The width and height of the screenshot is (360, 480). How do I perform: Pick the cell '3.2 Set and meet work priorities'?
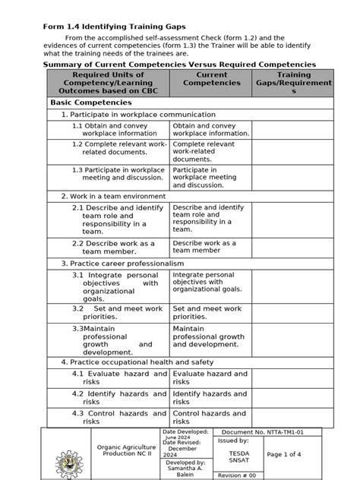click(119, 313)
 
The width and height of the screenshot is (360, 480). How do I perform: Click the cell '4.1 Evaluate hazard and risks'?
click(119, 378)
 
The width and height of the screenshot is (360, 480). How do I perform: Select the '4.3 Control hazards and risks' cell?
click(119, 417)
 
